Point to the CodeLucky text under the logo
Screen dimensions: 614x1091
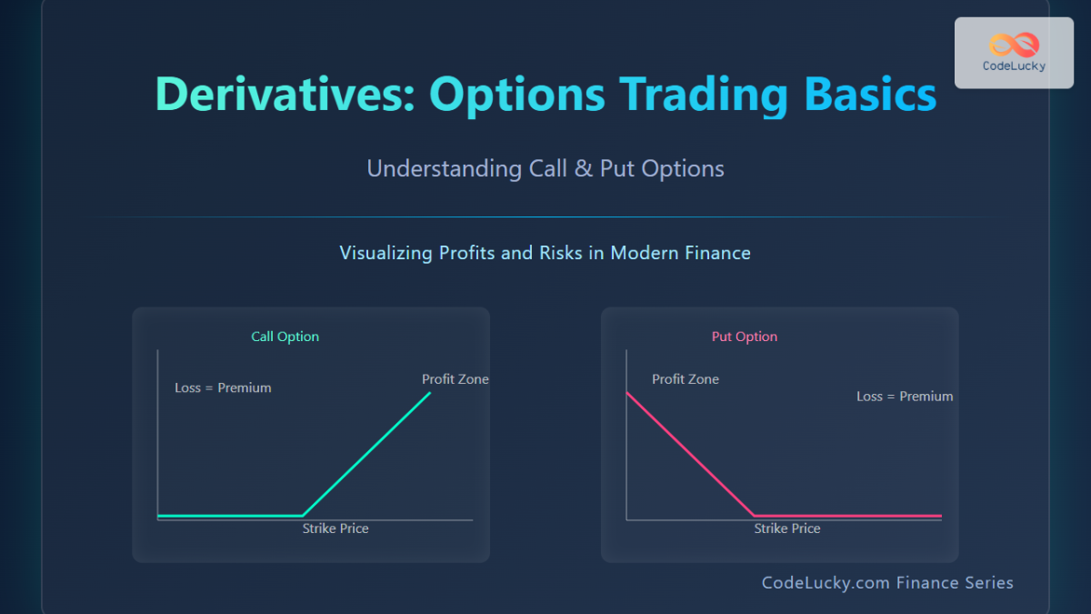coord(1014,65)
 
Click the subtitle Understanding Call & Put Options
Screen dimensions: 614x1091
coord(545,168)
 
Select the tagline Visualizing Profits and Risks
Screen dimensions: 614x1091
coord(545,253)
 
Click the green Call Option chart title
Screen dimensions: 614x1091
coord(285,337)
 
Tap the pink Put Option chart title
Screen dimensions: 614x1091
coord(745,337)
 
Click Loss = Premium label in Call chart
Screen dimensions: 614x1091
coord(223,388)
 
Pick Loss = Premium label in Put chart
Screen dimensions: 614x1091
coord(905,397)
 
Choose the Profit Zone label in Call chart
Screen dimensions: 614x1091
coord(455,379)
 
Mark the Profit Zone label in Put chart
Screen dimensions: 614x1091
coord(686,379)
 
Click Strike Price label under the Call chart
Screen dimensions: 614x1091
coord(335,528)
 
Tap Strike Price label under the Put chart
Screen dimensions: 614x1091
coord(787,528)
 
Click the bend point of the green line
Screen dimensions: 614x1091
coord(302,516)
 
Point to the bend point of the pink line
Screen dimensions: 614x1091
coord(755,516)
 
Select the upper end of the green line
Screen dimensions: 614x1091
coord(430,393)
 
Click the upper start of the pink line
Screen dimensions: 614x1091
coord(627,393)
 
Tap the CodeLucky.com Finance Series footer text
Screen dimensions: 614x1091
coord(887,583)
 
